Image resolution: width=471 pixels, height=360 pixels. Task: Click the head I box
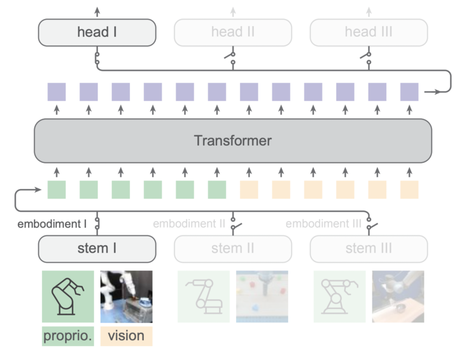tap(97, 32)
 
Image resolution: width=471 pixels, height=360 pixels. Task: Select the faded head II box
tap(233, 32)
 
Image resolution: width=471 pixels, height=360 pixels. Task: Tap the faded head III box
tap(369, 32)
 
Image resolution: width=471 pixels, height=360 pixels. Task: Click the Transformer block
tap(233, 141)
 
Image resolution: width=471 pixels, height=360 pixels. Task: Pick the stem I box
tap(97, 248)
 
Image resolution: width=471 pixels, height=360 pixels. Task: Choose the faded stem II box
tap(233, 248)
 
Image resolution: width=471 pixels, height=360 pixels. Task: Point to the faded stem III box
tap(369, 248)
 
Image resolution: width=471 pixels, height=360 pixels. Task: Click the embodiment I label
tap(52, 224)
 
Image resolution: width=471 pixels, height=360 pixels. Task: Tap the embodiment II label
tap(189, 224)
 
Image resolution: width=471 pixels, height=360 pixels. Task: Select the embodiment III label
tap(323, 224)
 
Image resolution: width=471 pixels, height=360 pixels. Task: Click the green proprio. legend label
tap(67, 335)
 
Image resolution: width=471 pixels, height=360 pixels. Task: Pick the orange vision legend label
tap(126, 335)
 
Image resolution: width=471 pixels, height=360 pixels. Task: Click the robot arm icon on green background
tap(67, 296)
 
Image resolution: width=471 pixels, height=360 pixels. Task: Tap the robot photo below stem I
tap(126, 296)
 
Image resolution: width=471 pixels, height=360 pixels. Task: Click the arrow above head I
tap(97, 11)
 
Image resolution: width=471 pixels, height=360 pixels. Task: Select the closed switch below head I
tap(97, 59)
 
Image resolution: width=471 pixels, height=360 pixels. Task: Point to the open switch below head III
tap(367, 59)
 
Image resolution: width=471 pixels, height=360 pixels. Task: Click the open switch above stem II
tap(234, 224)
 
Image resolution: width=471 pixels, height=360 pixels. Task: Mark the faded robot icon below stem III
tap(339, 296)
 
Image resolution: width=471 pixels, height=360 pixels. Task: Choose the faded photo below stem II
tap(262, 296)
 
